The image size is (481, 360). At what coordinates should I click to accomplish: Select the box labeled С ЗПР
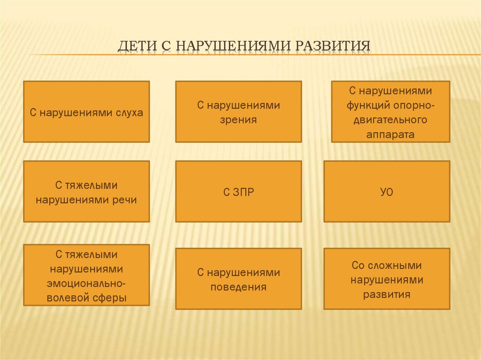pos(238,192)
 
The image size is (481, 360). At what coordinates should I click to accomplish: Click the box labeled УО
pos(386,192)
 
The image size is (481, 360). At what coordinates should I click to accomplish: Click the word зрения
pos(238,119)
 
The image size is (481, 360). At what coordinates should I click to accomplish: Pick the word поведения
pos(238,287)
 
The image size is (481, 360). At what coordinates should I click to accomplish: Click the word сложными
pos(398,265)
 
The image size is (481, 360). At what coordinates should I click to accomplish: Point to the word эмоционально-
pos(86,283)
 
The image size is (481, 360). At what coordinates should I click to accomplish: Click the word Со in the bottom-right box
pos(358,265)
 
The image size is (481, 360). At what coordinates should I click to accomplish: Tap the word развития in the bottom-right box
pos(387,295)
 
